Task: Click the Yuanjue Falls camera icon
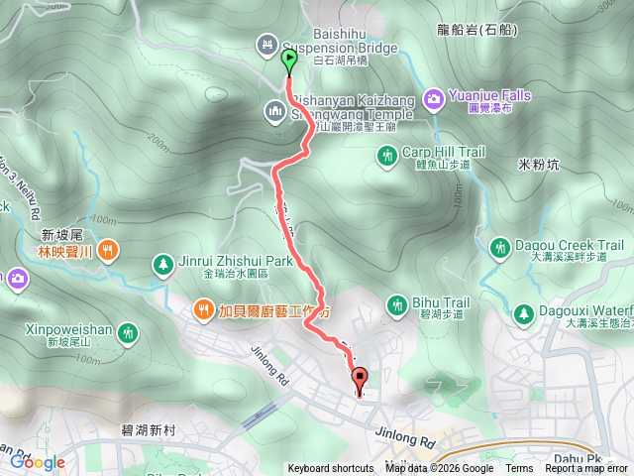(433, 97)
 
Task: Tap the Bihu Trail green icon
(397, 302)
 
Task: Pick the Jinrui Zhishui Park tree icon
(161, 263)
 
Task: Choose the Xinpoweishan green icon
(126, 334)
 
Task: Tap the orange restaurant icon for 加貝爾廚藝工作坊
(202, 308)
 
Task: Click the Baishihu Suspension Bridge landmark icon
(266, 45)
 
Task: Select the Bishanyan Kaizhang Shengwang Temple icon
(274, 109)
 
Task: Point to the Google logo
(38, 462)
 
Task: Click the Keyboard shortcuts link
(332, 469)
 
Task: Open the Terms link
(519, 469)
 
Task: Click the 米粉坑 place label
(538, 164)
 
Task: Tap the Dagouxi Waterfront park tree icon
(522, 313)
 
